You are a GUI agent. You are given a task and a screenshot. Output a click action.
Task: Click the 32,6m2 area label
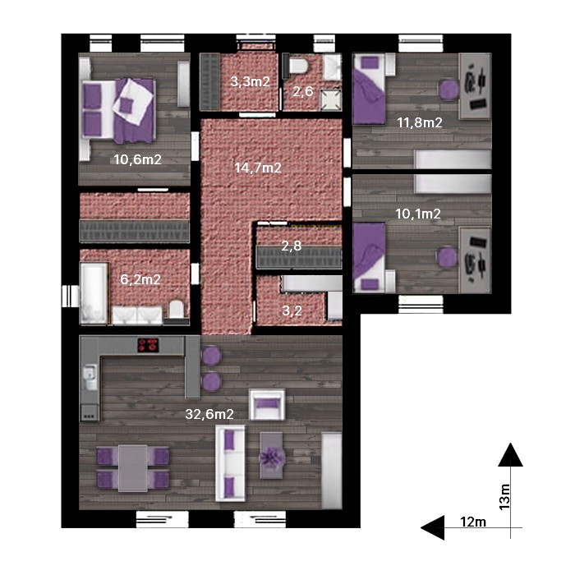[x=209, y=414]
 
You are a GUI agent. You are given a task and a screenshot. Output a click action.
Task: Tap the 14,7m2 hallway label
[x=258, y=168]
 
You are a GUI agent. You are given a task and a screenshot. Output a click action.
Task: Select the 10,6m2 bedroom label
[x=137, y=159]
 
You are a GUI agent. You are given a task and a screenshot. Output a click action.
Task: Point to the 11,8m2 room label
[x=420, y=122]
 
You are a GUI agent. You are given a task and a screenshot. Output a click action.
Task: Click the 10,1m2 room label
[x=418, y=214]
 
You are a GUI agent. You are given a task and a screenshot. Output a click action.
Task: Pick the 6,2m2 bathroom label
[x=140, y=280]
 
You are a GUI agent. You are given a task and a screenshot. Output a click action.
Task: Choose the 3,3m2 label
[x=250, y=81]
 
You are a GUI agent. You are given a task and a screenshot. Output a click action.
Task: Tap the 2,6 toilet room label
[x=303, y=91]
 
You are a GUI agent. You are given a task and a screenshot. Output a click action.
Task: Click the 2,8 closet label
[x=292, y=246]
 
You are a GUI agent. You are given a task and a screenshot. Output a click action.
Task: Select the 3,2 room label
[x=292, y=311]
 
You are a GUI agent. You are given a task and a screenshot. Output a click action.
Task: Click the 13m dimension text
[x=505, y=496]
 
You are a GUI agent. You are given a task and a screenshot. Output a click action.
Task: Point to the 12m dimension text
[x=473, y=522]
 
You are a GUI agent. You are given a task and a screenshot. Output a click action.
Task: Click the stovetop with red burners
[x=149, y=345]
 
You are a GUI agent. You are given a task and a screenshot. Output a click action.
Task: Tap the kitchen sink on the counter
[x=90, y=377]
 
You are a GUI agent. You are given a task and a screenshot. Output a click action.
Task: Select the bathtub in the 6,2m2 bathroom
[x=94, y=293]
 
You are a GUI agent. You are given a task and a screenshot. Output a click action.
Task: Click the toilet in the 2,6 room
[x=297, y=66]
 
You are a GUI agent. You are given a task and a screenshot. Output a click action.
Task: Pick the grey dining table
[x=133, y=468]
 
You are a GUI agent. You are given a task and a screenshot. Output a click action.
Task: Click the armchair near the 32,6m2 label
[x=267, y=405]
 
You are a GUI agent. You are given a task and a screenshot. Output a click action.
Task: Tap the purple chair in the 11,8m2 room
[x=448, y=89]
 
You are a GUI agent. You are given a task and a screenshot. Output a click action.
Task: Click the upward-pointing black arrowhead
[x=510, y=455]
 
